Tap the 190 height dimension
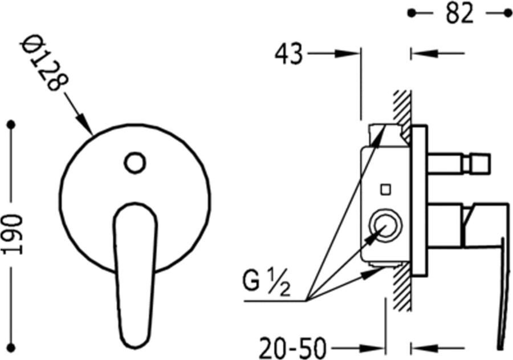pyautogui.click(x=13, y=234)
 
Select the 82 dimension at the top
pyautogui.click(x=459, y=14)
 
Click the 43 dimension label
pyautogui.click(x=288, y=54)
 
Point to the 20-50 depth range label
pyautogui.click(x=293, y=348)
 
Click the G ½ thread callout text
pyautogui.click(x=266, y=281)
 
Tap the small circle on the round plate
pyautogui.click(x=135, y=163)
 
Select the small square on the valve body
pyautogui.click(x=386, y=190)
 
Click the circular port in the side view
pyautogui.click(x=386, y=226)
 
